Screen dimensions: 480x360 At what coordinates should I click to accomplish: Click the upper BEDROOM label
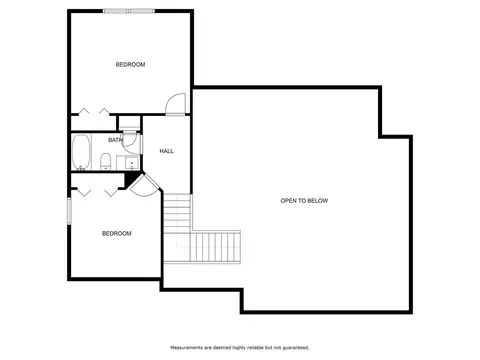(x=130, y=64)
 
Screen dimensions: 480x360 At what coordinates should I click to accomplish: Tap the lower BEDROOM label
(x=117, y=233)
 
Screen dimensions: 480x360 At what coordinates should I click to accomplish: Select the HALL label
(x=166, y=151)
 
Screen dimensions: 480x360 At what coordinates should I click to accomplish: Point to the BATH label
(x=115, y=140)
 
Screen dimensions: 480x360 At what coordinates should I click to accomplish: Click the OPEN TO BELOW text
(x=304, y=201)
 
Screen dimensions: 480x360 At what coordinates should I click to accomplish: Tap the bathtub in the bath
(x=81, y=152)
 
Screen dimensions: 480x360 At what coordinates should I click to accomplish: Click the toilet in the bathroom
(x=105, y=161)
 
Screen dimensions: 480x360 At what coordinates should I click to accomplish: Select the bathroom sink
(x=132, y=163)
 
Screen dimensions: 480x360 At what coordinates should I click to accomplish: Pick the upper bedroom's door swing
(x=175, y=104)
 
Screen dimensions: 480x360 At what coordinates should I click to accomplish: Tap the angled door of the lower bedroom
(x=145, y=186)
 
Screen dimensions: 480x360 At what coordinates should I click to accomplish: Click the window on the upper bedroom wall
(x=129, y=11)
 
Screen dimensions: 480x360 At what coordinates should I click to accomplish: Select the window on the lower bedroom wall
(x=69, y=210)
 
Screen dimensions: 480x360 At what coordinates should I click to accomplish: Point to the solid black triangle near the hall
(x=132, y=179)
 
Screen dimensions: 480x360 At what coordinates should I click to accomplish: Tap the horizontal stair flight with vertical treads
(x=215, y=247)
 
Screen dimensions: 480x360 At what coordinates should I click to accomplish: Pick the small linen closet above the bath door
(x=129, y=123)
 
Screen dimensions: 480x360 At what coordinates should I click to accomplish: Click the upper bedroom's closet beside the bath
(x=93, y=123)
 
